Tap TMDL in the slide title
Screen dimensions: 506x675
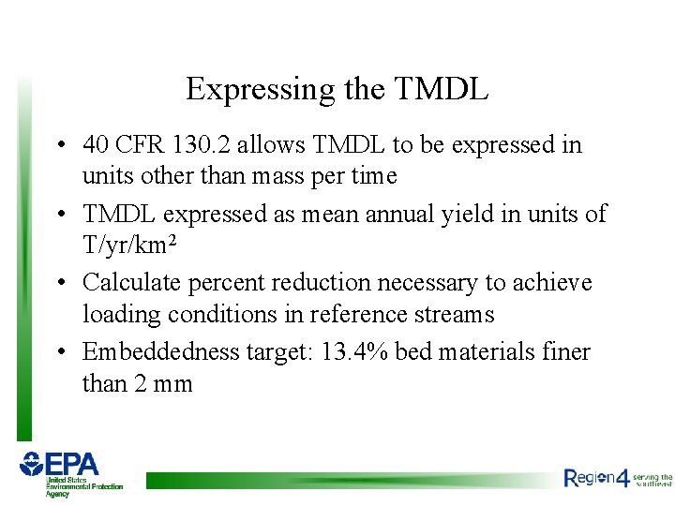pos(442,90)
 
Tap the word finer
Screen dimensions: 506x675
pos(566,352)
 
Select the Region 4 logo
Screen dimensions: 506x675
pos(596,478)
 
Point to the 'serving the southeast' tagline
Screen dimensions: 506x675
pos(653,479)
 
